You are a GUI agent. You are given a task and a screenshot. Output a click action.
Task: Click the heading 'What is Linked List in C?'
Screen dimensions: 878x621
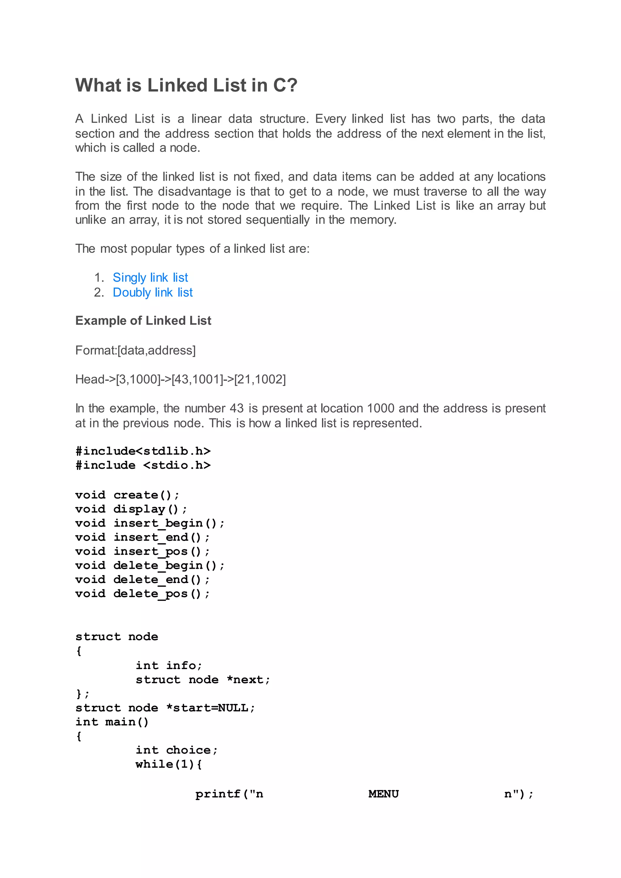tap(186, 85)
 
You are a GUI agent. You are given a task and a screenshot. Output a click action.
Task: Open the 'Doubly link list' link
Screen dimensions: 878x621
tap(153, 292)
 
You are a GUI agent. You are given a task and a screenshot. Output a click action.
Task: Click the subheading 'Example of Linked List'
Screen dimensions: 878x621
tap(143, 320)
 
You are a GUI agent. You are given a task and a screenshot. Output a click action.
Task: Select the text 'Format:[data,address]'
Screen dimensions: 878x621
tap(135, 350)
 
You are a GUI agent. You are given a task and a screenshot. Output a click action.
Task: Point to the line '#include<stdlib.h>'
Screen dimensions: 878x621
tap(143, 451)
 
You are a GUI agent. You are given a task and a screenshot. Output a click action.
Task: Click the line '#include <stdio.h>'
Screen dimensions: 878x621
tap(143, 465)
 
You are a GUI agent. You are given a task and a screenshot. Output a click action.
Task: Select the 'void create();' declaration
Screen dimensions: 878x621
tap(127, 495)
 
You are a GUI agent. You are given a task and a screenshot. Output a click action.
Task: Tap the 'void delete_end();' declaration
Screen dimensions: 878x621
tap(142, 580)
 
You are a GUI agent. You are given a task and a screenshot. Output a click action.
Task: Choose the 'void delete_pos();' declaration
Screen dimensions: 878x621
tap(142, 594)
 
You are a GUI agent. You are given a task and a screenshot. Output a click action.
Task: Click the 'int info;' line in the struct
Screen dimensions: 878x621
tap(169, 666)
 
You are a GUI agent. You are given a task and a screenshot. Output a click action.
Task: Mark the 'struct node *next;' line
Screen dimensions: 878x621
tap(203, 680)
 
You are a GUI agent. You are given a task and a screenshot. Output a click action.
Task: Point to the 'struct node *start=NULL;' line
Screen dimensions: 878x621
tap(165, 708)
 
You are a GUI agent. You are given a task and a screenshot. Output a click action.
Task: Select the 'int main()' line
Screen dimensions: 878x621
tap(112, 722)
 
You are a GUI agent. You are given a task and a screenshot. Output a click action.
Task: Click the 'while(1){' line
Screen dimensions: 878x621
tap(169, 764)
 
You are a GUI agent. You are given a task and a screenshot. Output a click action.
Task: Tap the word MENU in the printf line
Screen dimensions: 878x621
tap(384, 794)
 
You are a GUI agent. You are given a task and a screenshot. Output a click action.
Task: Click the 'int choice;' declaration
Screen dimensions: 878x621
tap(176, 750)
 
